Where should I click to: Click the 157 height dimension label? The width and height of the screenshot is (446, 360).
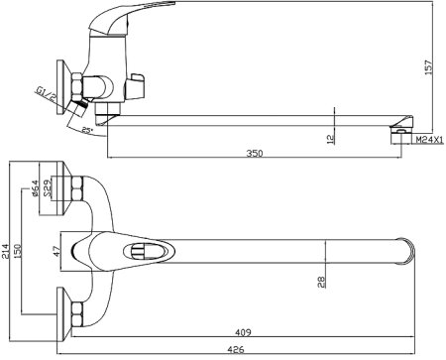click(x=428, y=67)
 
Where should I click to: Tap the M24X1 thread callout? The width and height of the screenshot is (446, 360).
click(x=429, y=140)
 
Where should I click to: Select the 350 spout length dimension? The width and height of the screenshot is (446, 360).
click(x=255, y=154)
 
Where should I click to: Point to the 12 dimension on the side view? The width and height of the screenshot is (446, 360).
click(x=330, y=138)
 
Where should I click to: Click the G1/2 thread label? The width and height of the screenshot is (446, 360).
click(x=47, y=94)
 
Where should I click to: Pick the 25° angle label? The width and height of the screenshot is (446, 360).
click(x=87, y=130)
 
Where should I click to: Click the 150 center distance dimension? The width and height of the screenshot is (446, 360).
click(x=17, y=252)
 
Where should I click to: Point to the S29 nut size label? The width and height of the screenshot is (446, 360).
click(x=48, y=188)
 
